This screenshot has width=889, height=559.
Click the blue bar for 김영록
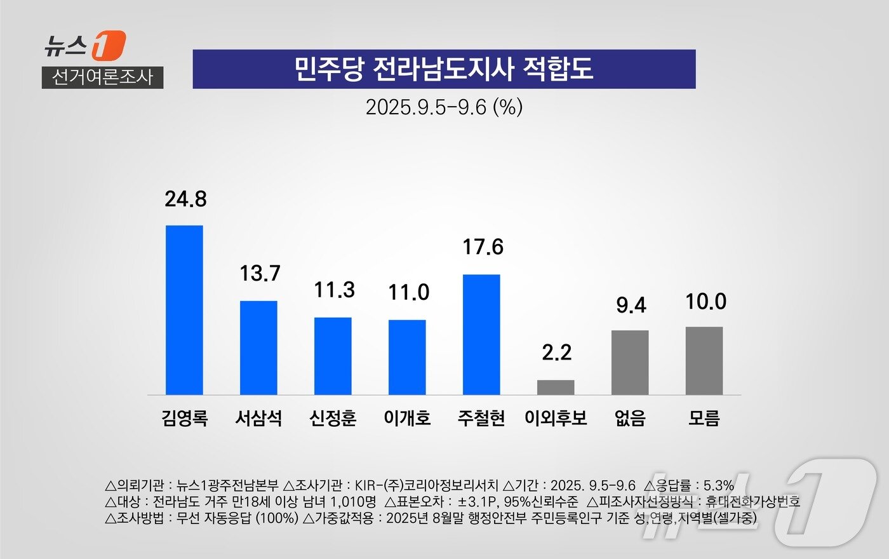[184, 310]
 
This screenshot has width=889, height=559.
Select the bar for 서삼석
[258, 347]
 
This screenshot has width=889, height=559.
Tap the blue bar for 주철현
[481, 334]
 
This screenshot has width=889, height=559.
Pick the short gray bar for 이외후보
[556, 387]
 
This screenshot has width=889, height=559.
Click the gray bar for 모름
[704, 361]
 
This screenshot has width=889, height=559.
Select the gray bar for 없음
[630, 362]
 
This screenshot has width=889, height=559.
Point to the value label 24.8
[185, 199]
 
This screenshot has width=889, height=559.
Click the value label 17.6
[483, 247]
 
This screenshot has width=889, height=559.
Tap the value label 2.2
[556, 353]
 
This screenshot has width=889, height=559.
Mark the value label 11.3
[334, 290]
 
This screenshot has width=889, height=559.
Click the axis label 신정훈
[333, 418]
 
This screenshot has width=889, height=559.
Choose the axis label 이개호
[407, 418]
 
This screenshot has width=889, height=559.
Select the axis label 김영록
[184, 418]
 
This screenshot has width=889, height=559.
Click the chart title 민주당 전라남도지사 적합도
[444, 69]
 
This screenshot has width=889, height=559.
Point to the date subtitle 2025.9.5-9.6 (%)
[444, 107]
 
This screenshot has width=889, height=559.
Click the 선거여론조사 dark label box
[102, 77]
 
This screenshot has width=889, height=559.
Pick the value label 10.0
[705, 302]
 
